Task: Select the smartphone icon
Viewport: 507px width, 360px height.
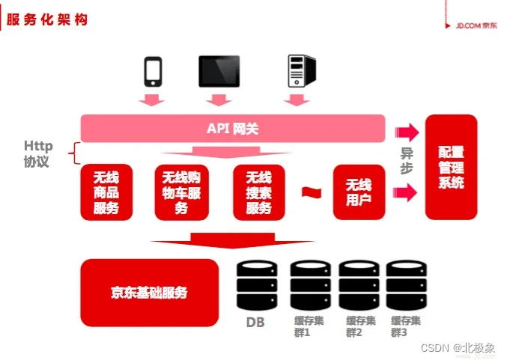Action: [153, 70]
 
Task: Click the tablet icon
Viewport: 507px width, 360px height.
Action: [219, 70]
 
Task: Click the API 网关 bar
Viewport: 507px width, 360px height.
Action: [233, 129]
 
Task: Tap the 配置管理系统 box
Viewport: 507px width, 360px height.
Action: [451, 167]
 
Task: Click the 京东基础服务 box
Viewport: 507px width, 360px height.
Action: [149, 292]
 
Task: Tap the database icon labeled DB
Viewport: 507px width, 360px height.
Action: [256, 285]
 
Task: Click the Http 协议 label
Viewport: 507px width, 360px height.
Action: [37, 153]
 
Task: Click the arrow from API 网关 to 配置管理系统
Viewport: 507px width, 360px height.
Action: [407, 132]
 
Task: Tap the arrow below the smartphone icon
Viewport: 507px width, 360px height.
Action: [153, 100]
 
